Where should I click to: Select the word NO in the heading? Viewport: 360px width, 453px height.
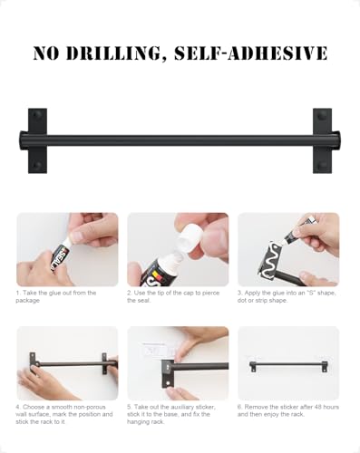(x=48, y=53)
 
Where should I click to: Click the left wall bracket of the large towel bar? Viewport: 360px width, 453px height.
(x=38, y=140)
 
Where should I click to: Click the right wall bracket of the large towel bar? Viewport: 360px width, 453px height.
(x=322, y=140)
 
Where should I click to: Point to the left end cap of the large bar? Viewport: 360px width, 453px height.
(x=22, y=140)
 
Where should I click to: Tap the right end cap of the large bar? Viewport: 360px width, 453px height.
(x=338, y=140)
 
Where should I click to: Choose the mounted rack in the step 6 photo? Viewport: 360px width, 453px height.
(x=288, y=365)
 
